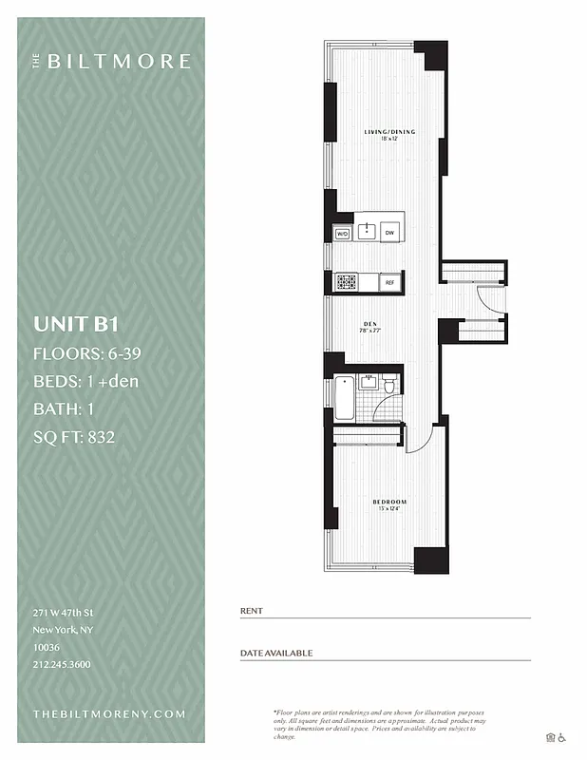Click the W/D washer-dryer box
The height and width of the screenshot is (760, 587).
point(342,233)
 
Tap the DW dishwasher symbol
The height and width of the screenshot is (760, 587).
point(389,233)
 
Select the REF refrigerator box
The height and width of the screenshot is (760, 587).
point(389,282)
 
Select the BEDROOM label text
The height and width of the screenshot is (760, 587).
point(389,502)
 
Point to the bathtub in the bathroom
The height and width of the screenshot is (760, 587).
point(344,399)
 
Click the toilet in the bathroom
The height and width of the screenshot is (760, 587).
point(388,384)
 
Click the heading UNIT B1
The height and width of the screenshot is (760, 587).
point(75,323)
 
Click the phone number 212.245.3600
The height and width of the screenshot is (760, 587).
point(62,664)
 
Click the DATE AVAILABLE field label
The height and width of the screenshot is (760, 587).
point(275,654)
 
